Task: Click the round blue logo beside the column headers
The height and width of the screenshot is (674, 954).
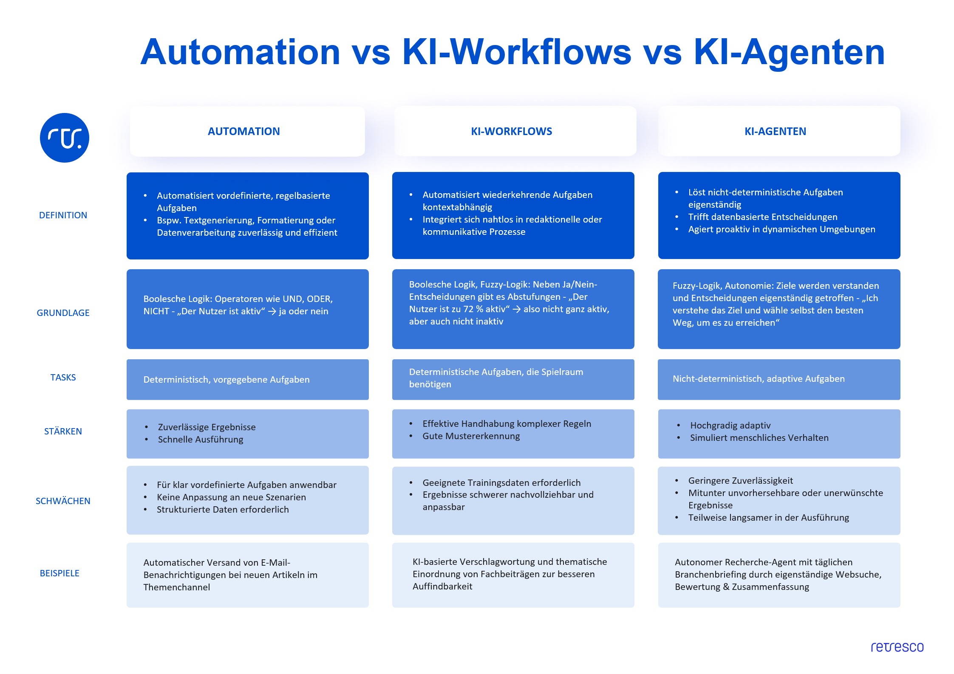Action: coord(65,138)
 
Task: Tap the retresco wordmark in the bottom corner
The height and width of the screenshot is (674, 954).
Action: coord(897,647)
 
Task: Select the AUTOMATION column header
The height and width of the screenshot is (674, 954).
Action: coord(244,131)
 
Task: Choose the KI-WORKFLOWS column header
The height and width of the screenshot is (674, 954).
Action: coord(511,131)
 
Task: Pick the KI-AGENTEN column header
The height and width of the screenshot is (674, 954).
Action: coord(775,131)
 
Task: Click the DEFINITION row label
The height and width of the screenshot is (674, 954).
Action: coord(63,215)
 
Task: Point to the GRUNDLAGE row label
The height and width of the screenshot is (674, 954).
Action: coord(63,313)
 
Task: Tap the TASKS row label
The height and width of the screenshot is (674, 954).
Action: coord(63,378)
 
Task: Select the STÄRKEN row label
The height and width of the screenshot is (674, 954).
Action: coord(63,431)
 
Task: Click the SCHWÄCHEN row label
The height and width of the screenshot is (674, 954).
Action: coord(63,501)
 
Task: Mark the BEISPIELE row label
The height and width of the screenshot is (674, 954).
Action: coord(59,573)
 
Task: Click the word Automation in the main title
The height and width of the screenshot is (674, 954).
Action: coord(240,52)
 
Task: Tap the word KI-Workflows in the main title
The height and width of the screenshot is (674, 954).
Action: coord(517,52)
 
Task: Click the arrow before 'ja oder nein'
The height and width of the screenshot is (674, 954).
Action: coord(272,312)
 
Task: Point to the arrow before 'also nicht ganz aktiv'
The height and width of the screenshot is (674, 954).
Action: coord(517,310)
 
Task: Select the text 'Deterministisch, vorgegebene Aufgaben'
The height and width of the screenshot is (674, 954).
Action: coord(226,380)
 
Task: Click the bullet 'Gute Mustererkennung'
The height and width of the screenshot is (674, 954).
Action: coord(471,436)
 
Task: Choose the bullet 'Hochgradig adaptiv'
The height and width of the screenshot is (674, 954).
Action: coord(730,426)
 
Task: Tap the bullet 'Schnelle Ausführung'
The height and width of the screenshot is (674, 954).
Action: coord(201,440)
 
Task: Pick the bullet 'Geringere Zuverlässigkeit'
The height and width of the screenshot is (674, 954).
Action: coord(740,481)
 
